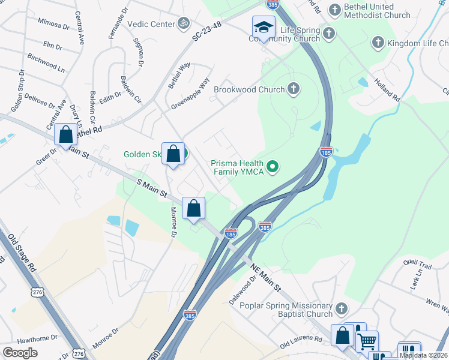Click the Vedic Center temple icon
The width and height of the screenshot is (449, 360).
point(184,24)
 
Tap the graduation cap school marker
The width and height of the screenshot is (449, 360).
point(263,28)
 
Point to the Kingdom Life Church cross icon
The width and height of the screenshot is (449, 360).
point(378,43)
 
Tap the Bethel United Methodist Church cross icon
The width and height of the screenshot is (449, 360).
point(334,10)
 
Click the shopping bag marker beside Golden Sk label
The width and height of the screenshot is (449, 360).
point(173,154)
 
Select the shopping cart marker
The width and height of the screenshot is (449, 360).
point(367,341)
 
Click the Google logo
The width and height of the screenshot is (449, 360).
point(20,352)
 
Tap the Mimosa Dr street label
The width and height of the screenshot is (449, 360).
point(53,25)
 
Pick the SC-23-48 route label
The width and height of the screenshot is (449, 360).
point(207,34)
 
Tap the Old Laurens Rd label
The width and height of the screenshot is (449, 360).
point(304,346)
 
